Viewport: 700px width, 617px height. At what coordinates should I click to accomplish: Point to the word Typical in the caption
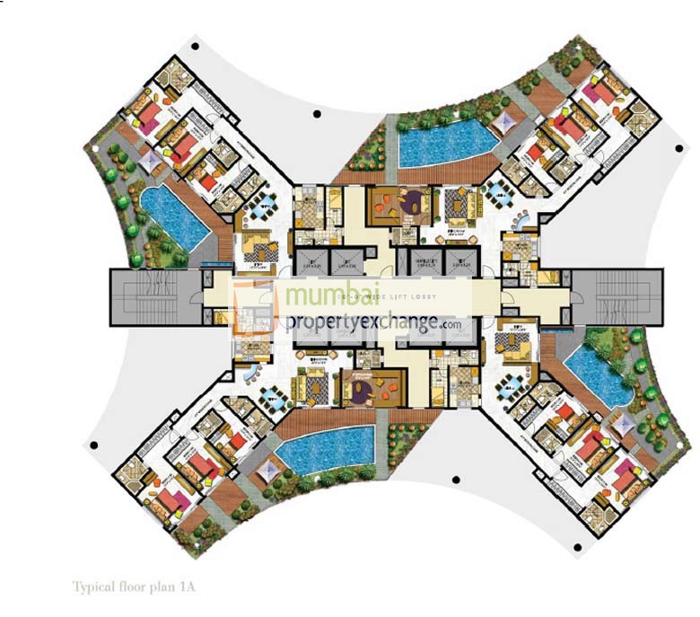91,586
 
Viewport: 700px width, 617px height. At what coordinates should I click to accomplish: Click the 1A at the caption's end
186,586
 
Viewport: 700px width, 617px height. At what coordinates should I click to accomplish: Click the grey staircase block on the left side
147,295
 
